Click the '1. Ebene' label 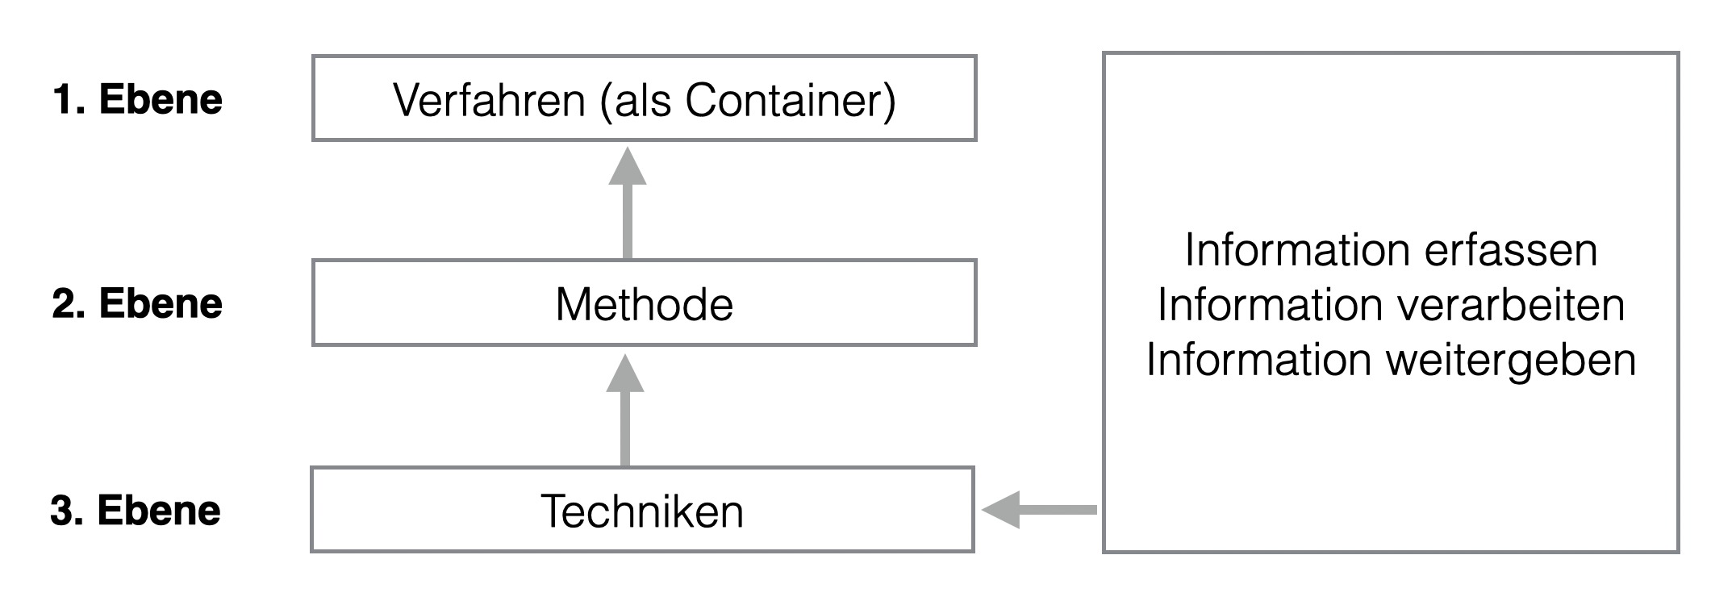137,100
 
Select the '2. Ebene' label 137,304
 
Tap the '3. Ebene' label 136,511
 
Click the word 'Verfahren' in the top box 489,101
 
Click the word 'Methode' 644,305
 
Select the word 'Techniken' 642,511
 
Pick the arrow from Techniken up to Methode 625,411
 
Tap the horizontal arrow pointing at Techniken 1039,510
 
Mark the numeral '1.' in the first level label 69,100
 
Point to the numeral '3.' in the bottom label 68,511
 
